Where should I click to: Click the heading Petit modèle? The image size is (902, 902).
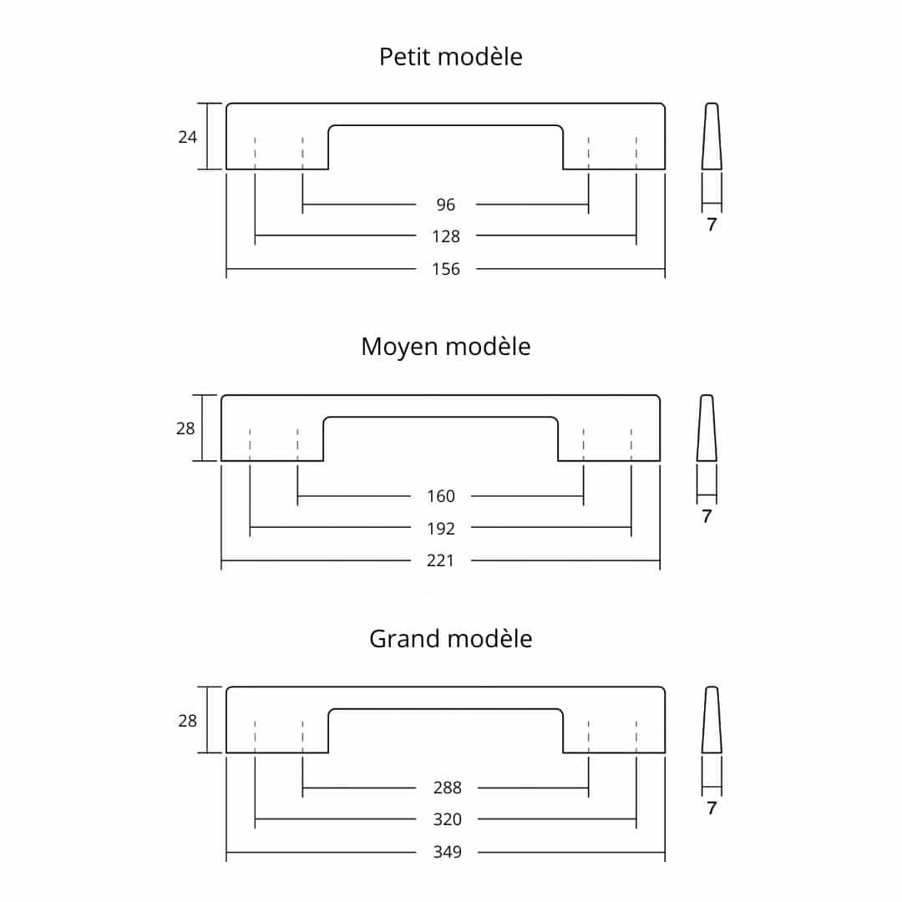450,57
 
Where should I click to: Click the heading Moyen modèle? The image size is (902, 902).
445,347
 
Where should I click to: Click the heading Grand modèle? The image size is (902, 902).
450,639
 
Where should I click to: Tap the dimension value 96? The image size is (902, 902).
446,204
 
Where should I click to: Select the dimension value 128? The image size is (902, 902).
446,236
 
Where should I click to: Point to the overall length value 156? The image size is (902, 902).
446,269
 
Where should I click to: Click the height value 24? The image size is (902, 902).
188,137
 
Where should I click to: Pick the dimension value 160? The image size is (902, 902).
441,496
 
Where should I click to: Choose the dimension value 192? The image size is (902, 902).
441,529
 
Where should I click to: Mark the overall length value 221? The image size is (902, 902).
441,560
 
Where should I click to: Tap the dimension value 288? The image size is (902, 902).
448,788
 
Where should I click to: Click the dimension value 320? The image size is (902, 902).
448,820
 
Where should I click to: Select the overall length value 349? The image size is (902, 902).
448,853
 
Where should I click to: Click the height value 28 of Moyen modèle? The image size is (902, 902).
185,428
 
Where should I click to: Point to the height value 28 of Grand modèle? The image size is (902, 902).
188,721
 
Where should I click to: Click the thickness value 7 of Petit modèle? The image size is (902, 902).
712,225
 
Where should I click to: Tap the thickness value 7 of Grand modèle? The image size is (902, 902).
712,808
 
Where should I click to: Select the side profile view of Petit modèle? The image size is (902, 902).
712,136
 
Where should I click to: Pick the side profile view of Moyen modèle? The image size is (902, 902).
707,428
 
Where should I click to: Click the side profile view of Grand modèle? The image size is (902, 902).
712,720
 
